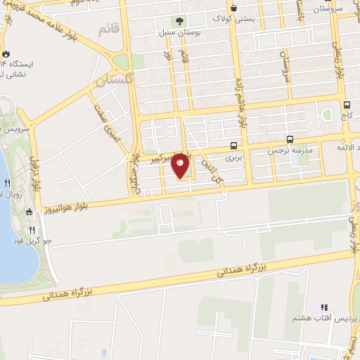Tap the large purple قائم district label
(x=105, y=30)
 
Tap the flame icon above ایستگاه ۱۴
(x=6, y=53)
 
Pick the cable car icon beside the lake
(x=29, y=212)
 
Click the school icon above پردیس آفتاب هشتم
(x=324, y=307)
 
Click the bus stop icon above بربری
(x=233, y=146)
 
